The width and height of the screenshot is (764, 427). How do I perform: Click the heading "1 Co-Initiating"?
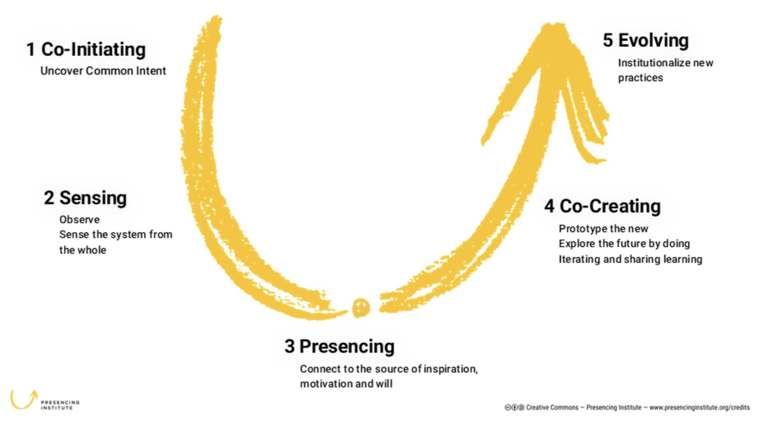tap(86, 50)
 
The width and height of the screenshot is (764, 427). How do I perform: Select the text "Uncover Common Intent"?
tap(103, 71)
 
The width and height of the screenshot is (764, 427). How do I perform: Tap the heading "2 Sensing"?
tap(85, 198)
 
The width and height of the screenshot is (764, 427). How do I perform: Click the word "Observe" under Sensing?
tap(80, 219)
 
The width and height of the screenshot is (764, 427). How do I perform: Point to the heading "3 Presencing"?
tap(339, 347)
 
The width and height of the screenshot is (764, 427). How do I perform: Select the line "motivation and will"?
tap(346, 384)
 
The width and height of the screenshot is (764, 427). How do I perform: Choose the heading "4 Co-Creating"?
tap(602, 206)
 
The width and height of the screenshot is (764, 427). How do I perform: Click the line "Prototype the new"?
tap(603, 229)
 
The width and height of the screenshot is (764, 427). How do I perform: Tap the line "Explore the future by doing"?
tap(624, 243)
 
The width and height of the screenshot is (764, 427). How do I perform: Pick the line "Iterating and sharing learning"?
tap(630, 259)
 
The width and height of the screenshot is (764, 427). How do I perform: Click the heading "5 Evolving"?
tap(646, 40)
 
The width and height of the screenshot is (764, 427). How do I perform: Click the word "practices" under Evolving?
tap(640, 78)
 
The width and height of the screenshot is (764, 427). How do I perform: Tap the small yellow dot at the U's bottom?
tap(361, 307)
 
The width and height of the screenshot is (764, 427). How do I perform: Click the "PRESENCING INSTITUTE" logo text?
tap(60, 405)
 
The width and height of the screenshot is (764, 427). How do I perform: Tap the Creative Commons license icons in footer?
tap(514, 408)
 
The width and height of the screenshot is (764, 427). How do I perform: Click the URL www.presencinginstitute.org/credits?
tap(699, 408)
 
